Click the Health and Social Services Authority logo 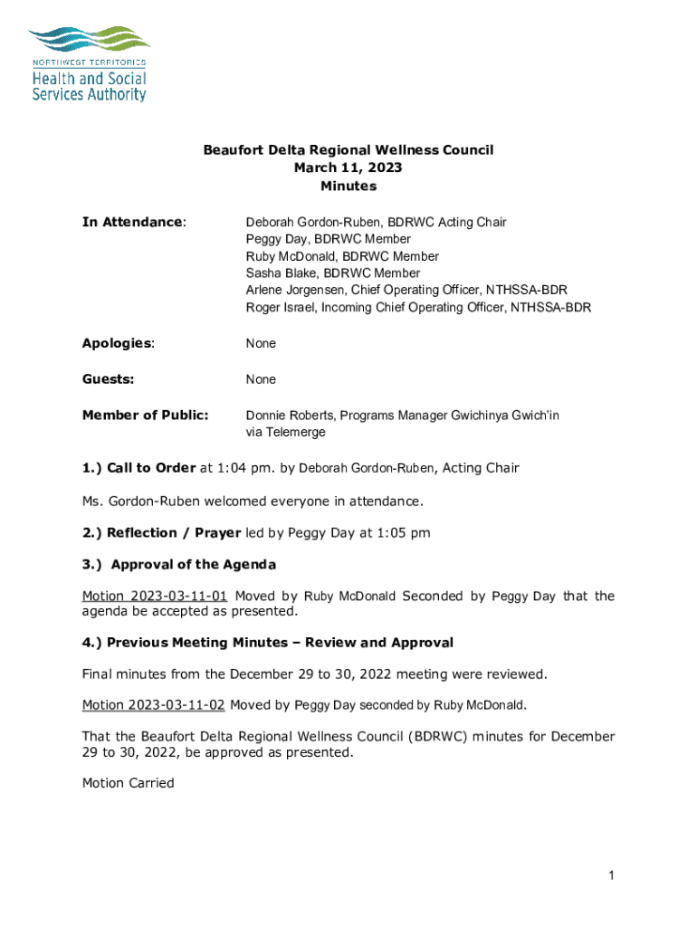(89, 63)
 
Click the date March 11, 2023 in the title (348, 167)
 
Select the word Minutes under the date (348, 186)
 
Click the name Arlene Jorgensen (295, 291)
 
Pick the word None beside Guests (261, 379)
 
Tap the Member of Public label (145, 415)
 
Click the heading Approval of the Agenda (193, 564)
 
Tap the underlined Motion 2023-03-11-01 (155, 596)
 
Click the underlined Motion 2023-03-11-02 (155, 704)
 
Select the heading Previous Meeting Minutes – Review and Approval (280, 642)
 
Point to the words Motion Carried (128, 783)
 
